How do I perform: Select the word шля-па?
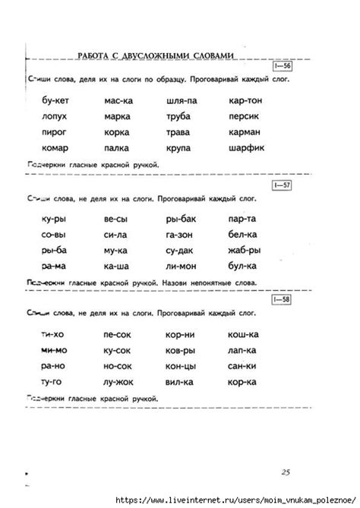click(x=179, y=100)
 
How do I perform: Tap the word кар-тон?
click(x=245, y=100)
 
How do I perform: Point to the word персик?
click(x=244, y=116)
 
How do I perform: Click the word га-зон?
click(x=180, y=235)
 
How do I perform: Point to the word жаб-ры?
click(x=244, y=251)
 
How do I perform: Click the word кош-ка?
click(x=245, y=334)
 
